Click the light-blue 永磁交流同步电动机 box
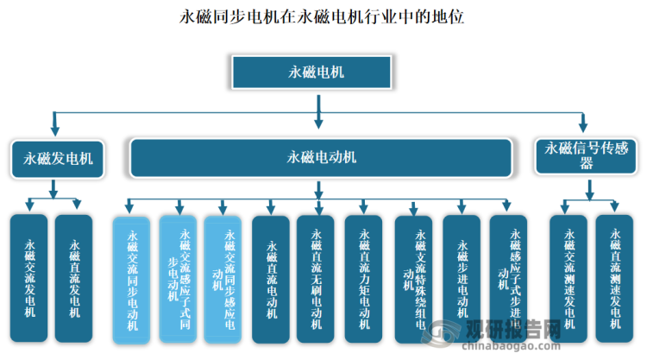(132, 279)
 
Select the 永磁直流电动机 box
(271, 279)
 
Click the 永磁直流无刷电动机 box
(316, 279)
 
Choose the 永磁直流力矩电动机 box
(363, 279)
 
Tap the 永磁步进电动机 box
(462, 279)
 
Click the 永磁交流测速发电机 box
(568, 279)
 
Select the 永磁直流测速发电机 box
(614, 279)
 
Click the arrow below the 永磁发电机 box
(53, 190)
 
